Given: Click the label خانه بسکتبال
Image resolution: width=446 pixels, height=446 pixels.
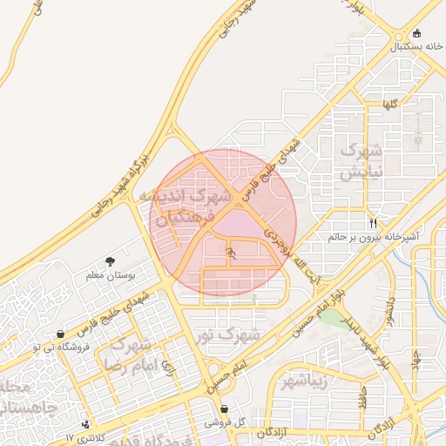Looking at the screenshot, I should tap(404, 45).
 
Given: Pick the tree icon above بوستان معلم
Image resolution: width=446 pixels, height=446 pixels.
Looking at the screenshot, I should tap(110, 261).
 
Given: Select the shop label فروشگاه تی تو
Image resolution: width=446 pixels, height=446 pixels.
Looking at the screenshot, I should tap(36, 347).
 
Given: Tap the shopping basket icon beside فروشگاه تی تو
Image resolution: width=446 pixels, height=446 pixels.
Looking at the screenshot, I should tap(59, 334).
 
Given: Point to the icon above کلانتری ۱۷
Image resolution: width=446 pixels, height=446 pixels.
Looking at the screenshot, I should tap(85, 424).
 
